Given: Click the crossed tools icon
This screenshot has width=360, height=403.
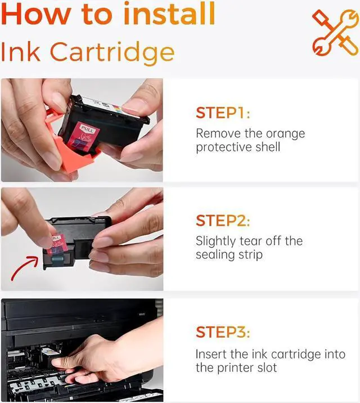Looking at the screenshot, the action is coord(336,33).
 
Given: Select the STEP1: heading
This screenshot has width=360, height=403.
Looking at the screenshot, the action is coord(223,113).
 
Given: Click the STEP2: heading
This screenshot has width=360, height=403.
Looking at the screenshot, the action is coord(223,221).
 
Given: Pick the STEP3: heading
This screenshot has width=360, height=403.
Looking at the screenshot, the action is coord(223,332).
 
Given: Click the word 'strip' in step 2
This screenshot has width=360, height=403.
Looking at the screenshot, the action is coord(250,256).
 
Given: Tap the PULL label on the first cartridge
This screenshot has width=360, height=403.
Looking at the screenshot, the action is coord(87,128).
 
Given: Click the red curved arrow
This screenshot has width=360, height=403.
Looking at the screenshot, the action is coord(24,268).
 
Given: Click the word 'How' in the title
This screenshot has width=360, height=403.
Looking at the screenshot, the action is coord(36,15).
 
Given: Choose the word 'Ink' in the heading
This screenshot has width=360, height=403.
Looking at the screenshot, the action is coord(21,52).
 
